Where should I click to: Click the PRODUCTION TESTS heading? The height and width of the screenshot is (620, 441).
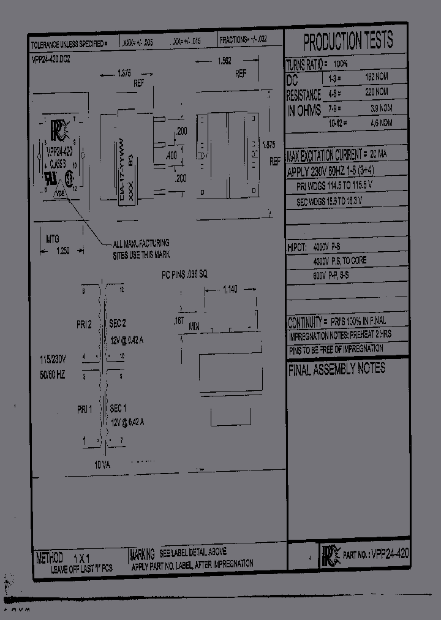pyautogui.click(x=347, y=42)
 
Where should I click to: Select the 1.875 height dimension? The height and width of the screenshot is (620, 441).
pyautogui.click(x=268, y=145)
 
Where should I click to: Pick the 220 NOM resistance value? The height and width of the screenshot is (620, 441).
pyautogui.click(x=377, y=93)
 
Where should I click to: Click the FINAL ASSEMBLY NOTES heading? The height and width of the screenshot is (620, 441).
pyautogui.click(x=336, y=368)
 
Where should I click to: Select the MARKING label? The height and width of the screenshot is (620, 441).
pyautogui.click(x=142, y=554)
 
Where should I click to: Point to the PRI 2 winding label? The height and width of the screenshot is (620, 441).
pyautogui.click(x=84, y=325)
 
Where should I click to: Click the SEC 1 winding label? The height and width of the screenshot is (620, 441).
pyautogui.click(x=118, y=408)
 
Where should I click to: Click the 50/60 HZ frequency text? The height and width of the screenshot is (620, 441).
pyautogui.click(x=52, y=374)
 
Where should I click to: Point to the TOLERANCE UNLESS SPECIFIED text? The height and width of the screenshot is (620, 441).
pyautogui.click(x=69, y=45)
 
